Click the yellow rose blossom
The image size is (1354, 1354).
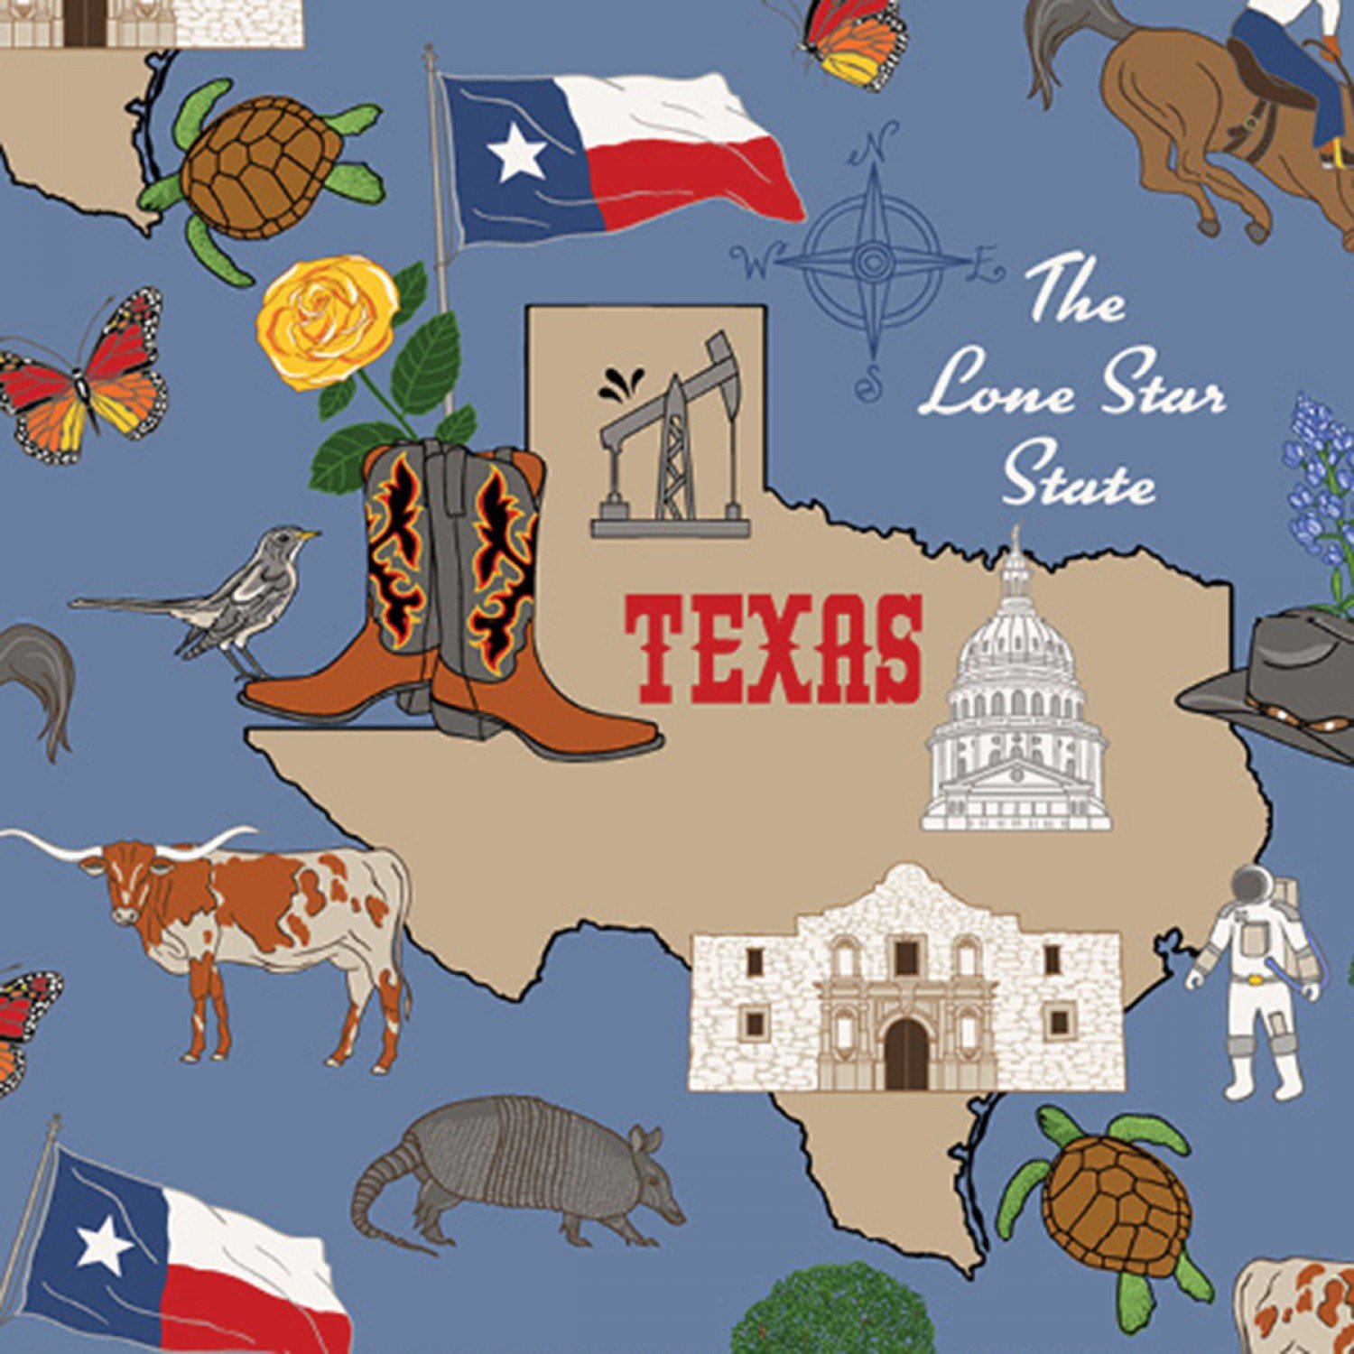327,320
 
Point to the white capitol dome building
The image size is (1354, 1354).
1016,704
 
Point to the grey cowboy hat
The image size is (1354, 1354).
1282,677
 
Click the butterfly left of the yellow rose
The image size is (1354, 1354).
86,375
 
